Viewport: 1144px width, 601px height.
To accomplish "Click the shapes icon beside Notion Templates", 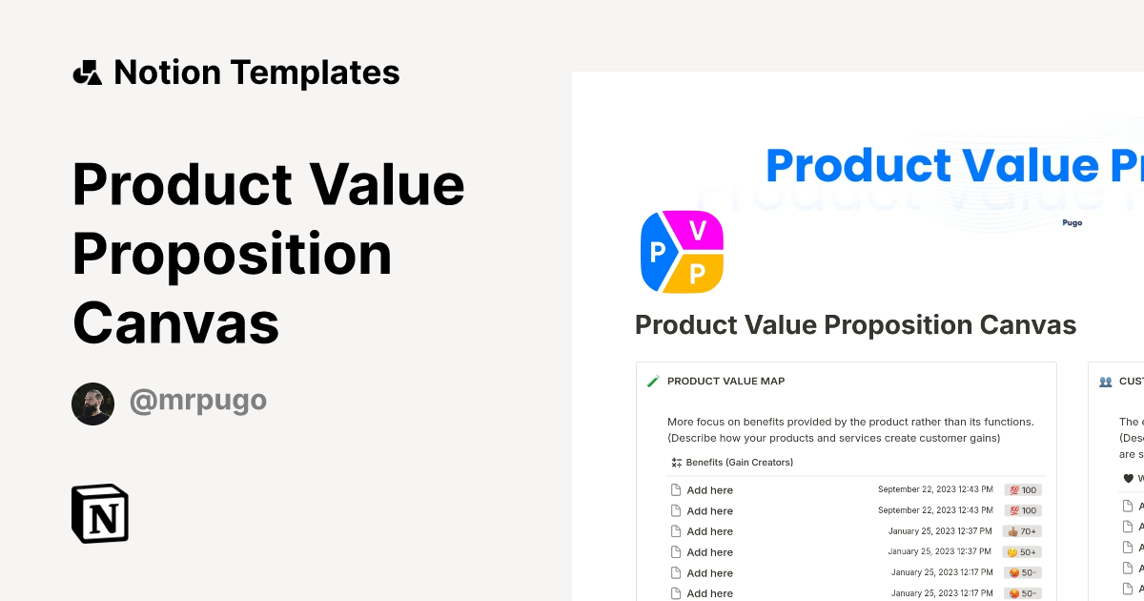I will [x=87, y=73].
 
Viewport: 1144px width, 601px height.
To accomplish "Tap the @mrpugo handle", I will [x=198, y=402].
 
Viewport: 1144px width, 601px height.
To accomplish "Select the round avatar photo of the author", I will [x=92, y=404].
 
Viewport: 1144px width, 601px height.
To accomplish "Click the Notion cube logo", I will [x=100, y=513].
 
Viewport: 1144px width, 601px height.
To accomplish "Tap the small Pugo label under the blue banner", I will [x=1072, y=222].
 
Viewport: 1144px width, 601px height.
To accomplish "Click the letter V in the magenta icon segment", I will [x=698, y=230].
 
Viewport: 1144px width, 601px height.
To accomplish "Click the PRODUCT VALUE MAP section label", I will [x=725, y=381].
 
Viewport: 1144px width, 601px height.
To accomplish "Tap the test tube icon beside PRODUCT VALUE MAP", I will [x=653, y=382].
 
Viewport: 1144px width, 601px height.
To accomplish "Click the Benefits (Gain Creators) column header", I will [x=739, y=463].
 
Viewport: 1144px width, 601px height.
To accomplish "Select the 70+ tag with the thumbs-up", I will [x=1022, y=531].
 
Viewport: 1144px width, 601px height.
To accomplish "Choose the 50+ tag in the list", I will [x=1023, y=552].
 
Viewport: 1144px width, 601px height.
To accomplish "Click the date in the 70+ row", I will [x=940, y=531].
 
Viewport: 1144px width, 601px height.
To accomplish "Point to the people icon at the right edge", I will [x=1105, y=382].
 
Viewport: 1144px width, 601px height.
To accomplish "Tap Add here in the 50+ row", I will [x=709, y=552].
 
